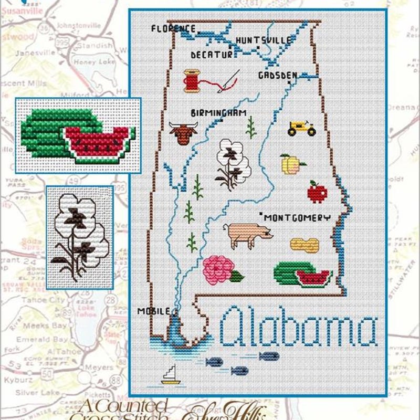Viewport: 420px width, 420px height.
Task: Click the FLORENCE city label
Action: [173, 28]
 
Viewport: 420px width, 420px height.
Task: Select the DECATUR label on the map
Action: [211, 54]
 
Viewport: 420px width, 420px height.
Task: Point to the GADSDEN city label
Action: [277, 76]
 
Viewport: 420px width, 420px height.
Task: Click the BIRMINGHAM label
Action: [218, 113]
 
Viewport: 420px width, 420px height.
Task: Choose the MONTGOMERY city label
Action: [297, 217]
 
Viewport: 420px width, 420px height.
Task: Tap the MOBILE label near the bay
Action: [153, 311]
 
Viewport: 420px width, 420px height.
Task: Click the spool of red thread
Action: [193, 81]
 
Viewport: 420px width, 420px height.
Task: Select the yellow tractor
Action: [302, 128]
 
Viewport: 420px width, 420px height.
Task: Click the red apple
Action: [317, 192]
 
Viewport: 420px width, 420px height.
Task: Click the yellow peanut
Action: [304, 244]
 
